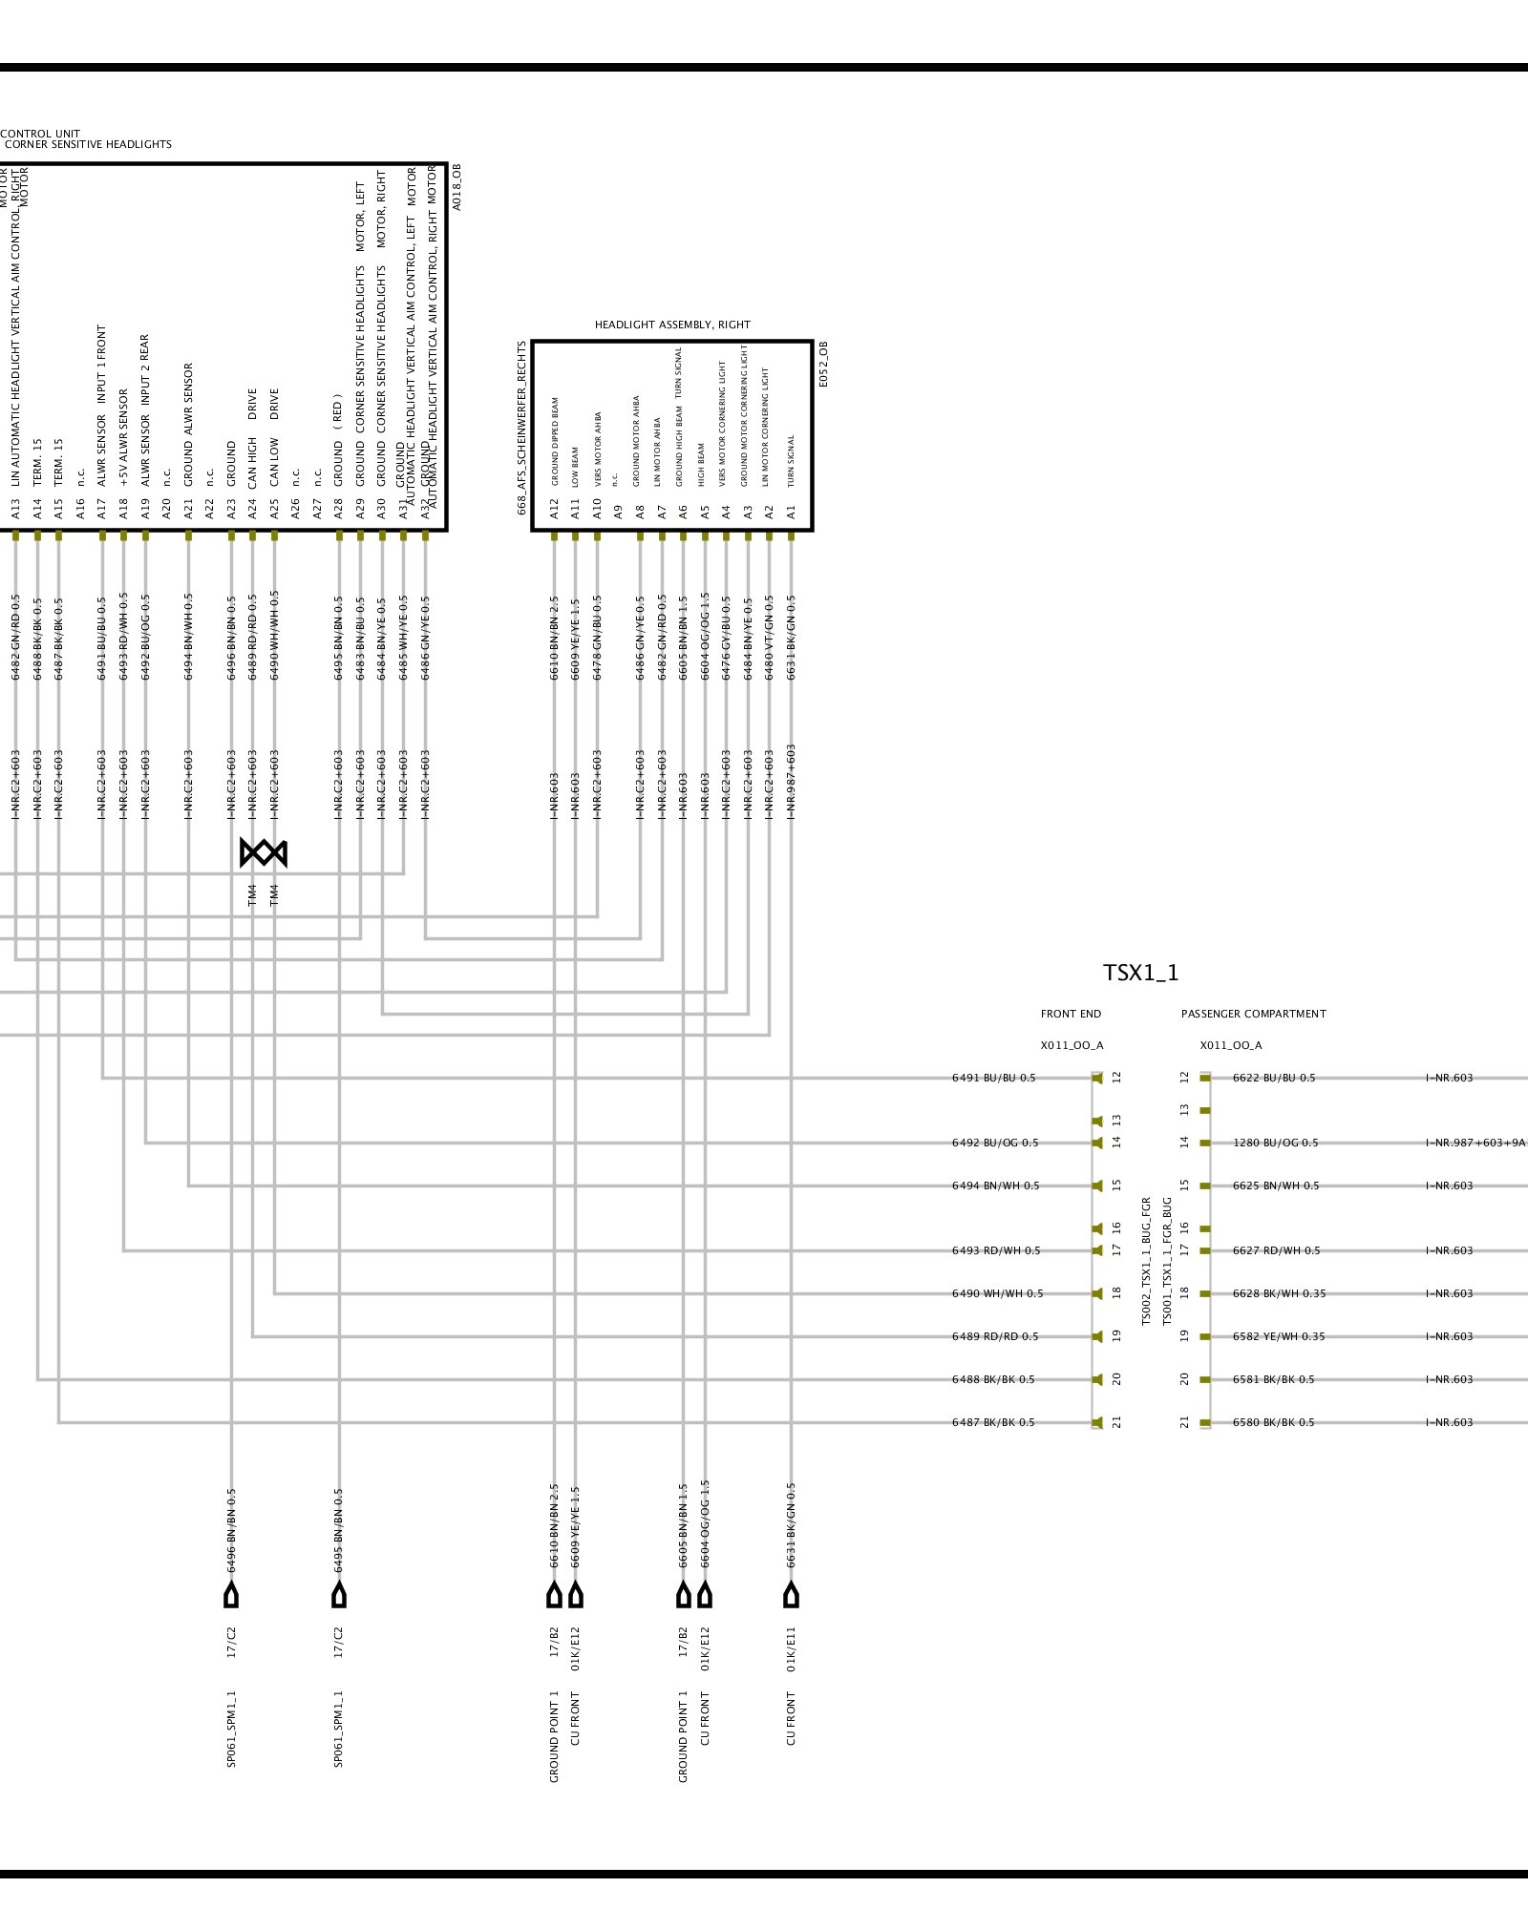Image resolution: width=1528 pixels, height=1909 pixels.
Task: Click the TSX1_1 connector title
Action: [1140, 973]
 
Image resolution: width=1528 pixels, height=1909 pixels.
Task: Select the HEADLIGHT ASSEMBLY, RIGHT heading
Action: [672, 325]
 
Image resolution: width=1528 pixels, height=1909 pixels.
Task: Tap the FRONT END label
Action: [1071, 1014]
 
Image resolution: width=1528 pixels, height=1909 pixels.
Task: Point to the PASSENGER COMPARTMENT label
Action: [1253, 1014]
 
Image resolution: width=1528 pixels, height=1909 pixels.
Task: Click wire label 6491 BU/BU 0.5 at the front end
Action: [993, 1078]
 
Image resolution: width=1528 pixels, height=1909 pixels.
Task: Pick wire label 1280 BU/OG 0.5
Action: [1275, 1143]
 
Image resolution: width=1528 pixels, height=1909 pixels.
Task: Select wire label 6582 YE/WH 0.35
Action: [1279, 1336]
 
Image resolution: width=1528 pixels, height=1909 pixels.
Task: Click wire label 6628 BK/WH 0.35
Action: [1279, 1293]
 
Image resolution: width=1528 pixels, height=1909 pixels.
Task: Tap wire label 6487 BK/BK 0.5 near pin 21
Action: [993, 1422]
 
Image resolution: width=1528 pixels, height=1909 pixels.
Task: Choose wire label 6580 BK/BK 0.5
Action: [1273, 1422]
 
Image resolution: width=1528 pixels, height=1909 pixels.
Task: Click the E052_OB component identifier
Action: [824, 364]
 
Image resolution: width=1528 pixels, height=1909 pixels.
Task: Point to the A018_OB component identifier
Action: [456, 187]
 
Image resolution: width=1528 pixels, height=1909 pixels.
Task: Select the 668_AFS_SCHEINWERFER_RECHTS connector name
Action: [522, 428]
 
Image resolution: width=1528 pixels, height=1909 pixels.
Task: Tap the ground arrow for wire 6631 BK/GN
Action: [791, 1595]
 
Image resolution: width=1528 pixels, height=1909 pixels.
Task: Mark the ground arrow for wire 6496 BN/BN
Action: [231, 1595]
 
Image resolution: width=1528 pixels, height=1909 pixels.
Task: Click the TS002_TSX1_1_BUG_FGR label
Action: [1147, 1261]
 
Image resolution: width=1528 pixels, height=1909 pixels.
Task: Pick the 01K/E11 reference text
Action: [791, 1649]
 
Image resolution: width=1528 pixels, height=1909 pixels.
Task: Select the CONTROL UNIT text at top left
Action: [40, 134]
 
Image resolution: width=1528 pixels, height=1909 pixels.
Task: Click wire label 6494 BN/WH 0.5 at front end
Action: [995, 1185]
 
